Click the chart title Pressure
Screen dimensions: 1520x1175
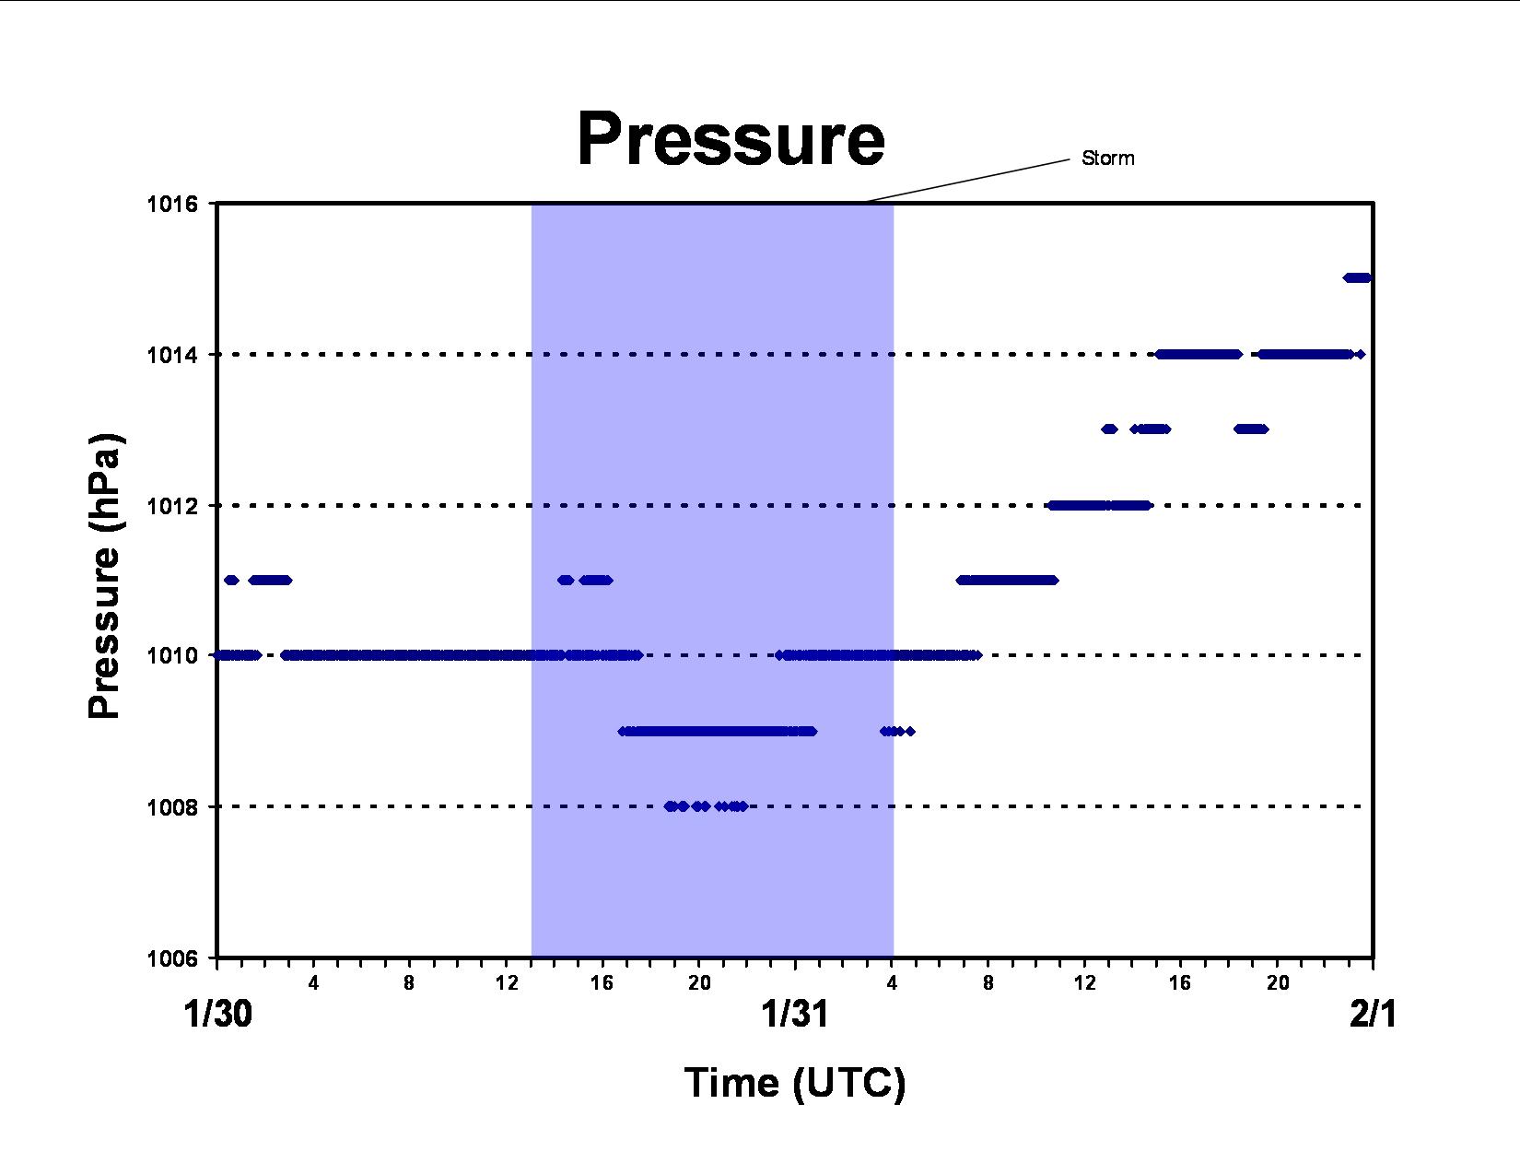[x=731, y=139]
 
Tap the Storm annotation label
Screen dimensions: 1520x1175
[x=1108, y=159]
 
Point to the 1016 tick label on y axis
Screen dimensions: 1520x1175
[x=172, y=204]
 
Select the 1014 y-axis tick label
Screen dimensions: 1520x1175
[x=172, y=355]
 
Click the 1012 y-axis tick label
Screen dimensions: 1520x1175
[x=172, y=505]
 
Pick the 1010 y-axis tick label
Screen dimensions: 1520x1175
[x=172, y=656]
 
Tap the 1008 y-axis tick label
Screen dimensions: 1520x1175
[x=172, y=807]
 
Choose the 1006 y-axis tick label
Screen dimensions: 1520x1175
[x=172, y=958]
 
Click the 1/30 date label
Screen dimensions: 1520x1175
[x=217, y=1014]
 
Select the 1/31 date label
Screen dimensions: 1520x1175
[x=795, y=1014]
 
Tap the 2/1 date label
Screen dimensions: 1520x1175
[x=1373, y=1014]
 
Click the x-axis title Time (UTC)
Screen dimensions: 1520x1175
[x=795, y=1084]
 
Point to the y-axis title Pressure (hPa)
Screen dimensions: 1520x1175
[x=104, y=575]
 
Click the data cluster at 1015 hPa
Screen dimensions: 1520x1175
[x=1358, y=277]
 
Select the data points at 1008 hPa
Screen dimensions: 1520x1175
[x=706, y=806]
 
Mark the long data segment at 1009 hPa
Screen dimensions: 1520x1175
[x=718, y=732]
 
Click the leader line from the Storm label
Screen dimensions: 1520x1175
[x=966, y=181]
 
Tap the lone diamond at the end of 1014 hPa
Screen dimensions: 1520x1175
[x=1360, y=354]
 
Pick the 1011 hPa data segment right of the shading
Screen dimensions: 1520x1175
[x=1007, y=580]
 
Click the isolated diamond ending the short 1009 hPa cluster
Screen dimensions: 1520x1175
[x=910, y=732]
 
